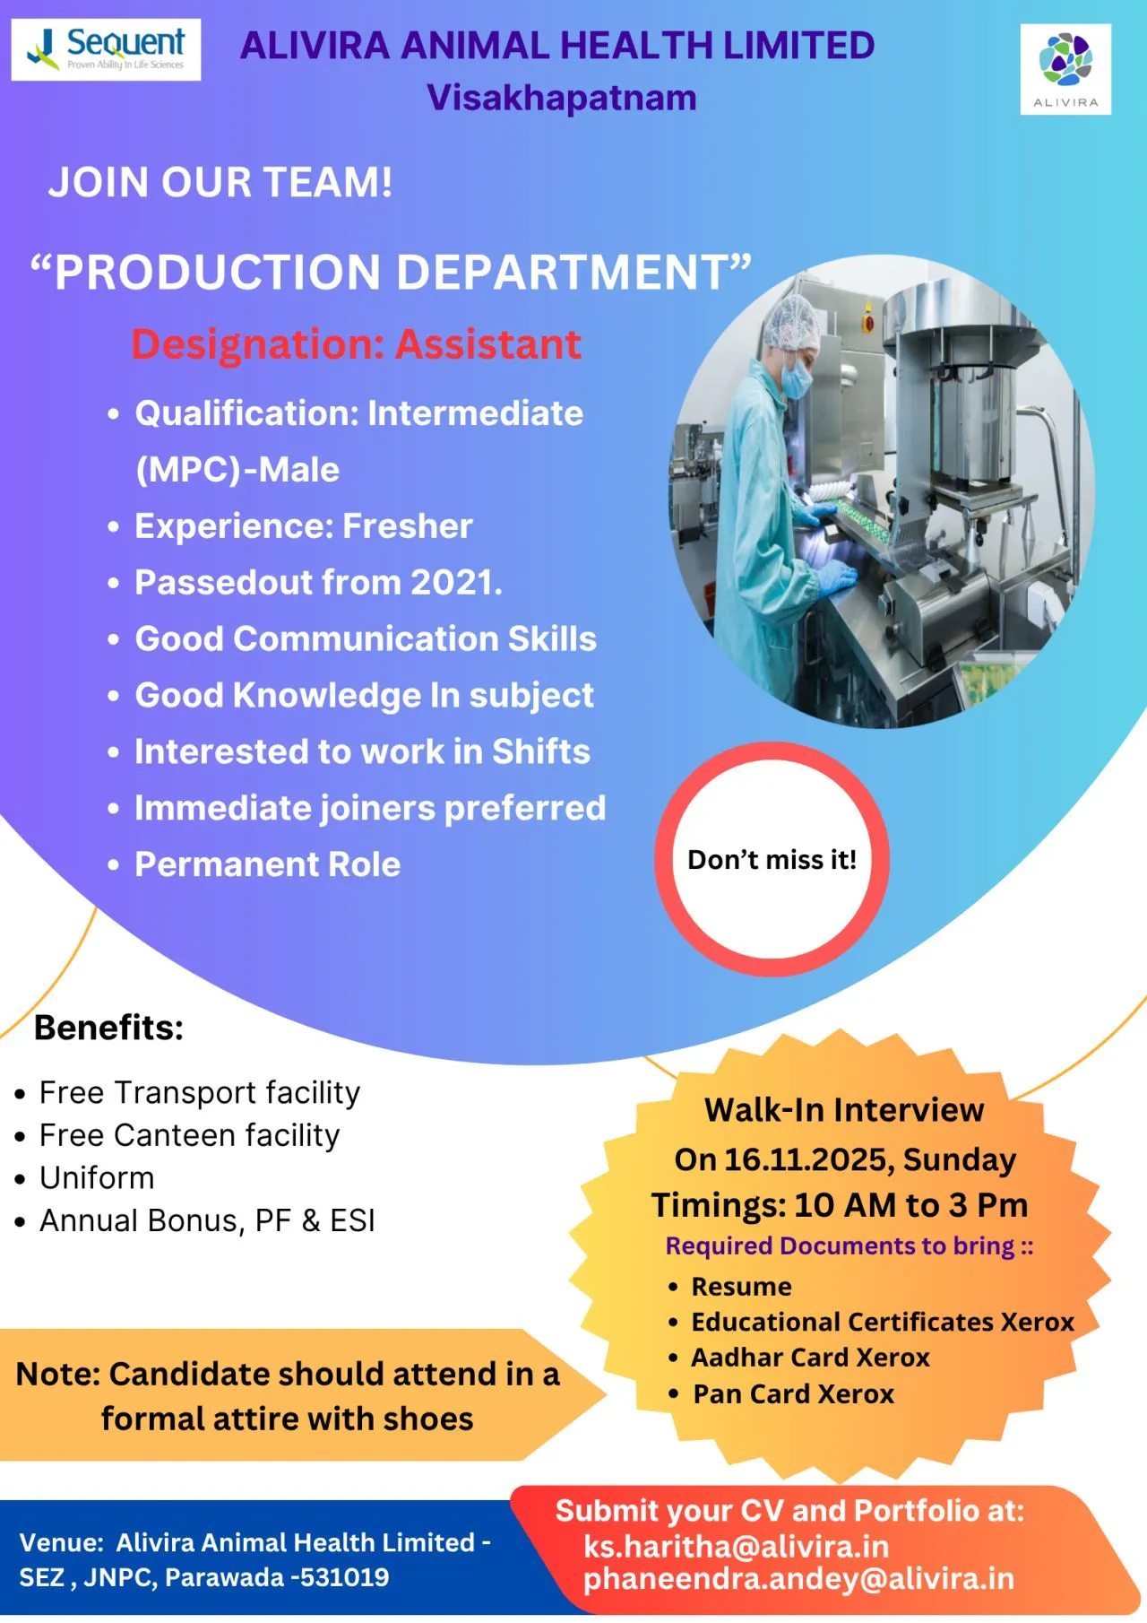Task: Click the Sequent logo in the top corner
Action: pos(106,49)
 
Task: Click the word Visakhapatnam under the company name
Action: pos(562,98)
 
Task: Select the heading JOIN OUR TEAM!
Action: pos(220,182)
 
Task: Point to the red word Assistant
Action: pos(488,344)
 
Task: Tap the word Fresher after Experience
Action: pos(408,526)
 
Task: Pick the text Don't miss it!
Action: pos(772,860)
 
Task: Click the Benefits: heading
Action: pos(108,1028)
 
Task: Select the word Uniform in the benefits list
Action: pos(97,1177)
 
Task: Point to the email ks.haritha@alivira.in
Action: pos(736,1546)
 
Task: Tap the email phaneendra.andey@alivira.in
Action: pos(798,1578)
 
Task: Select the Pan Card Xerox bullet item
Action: pos(793,1394)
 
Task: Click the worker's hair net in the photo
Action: pos(792,323)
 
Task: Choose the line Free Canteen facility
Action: pos(189,1135)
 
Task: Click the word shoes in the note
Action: pos(427,1419)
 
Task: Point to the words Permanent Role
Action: pos(267,864)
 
